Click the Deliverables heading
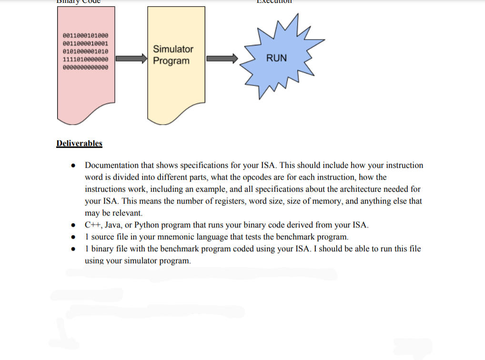(79, 143)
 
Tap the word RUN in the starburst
(276, 58)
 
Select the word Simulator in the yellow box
(173, 49)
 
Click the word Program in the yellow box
(171, 61)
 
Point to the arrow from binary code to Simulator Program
(131, 59)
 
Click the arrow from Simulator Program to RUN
(222, 59)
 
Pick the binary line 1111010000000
(85, 59)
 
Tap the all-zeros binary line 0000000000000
(85, 67)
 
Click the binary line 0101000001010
(85, 51)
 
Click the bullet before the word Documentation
(73, 166)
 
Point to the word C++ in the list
(92, 225)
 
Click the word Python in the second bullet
(147, 225)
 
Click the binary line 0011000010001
(85, 43)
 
